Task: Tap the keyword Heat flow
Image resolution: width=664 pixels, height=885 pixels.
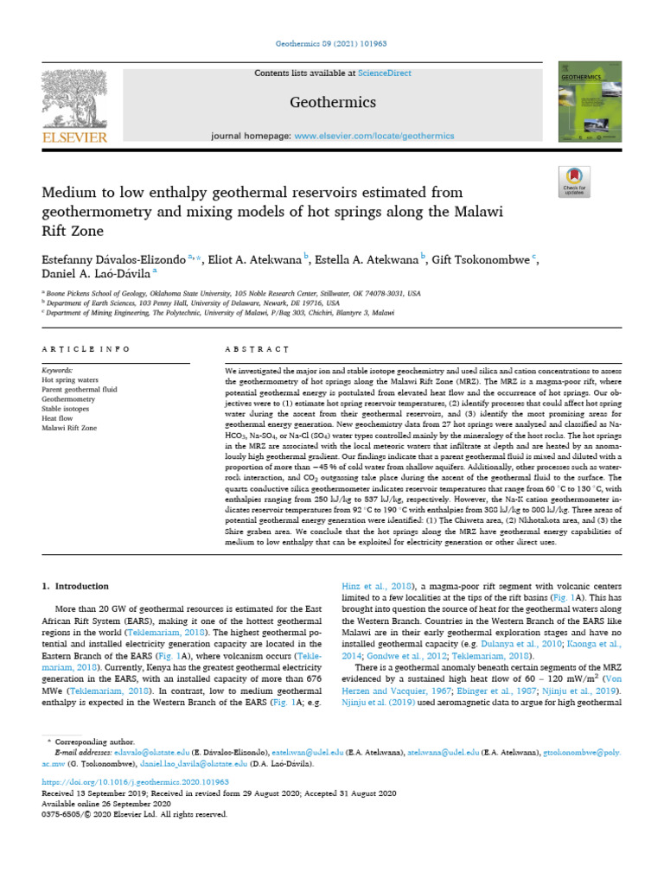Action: tap(61, 418)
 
